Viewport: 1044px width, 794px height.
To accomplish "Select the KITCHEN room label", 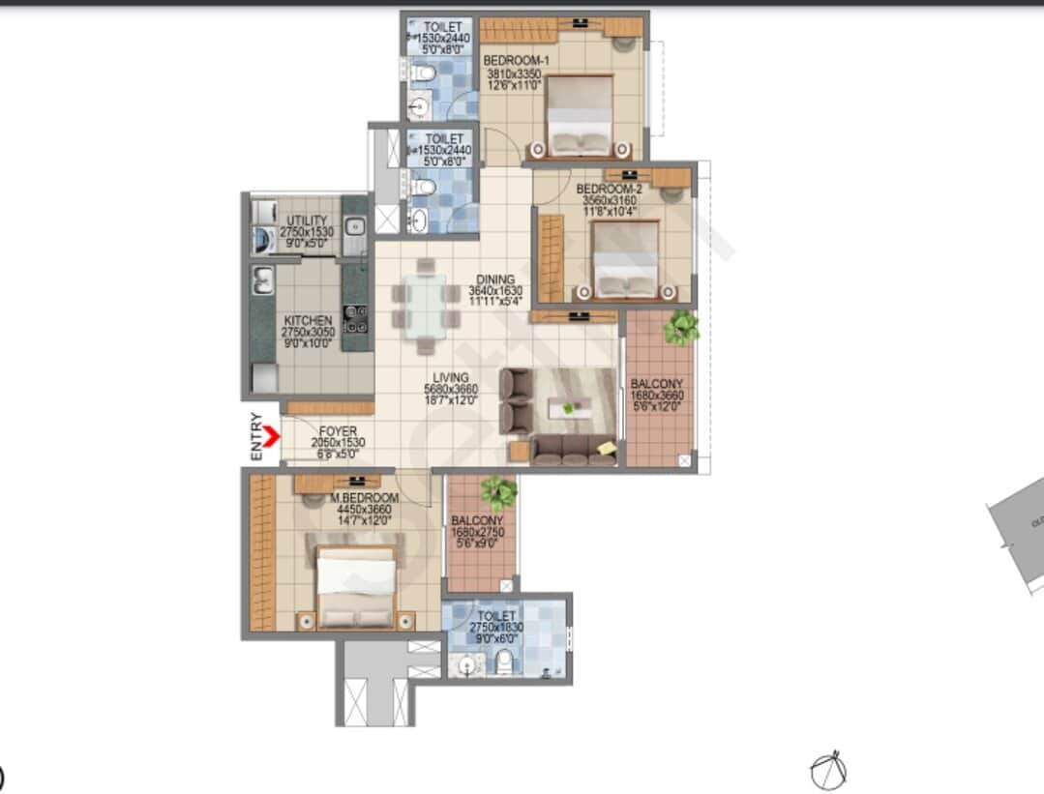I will [x=308, y=321].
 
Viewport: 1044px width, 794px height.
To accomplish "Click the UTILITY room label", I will [x=307, y=221].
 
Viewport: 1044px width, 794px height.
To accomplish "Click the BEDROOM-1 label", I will [x=516, y=60].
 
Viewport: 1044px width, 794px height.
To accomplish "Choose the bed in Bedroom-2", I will [x=626, y=258].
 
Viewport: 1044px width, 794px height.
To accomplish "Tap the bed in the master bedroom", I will [x=356, y=587].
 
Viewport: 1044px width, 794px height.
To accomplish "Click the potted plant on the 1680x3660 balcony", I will [x=681, y=328].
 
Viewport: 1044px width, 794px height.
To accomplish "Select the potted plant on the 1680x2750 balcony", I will [x=499, y=492].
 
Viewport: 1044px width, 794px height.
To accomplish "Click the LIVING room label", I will [x=452, y=378].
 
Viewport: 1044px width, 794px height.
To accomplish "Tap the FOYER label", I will [x=336, y=431].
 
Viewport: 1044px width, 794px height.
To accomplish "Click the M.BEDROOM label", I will [x=364, y=498].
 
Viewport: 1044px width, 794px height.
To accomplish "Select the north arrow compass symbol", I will [x=827, y=771].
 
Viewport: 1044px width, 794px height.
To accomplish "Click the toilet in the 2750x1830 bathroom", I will [x=503, y=662].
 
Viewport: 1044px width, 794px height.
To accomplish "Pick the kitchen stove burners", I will [x=356, y=318].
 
